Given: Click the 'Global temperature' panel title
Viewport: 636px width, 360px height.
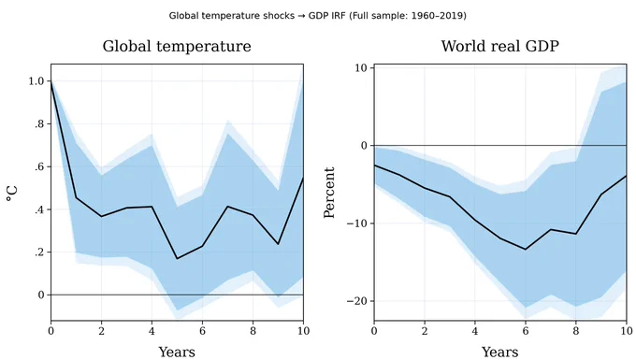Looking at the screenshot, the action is point(177,46).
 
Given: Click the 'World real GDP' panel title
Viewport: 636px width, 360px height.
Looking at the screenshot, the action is point(500,46).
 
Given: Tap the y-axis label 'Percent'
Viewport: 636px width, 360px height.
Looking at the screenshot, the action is point(329,193).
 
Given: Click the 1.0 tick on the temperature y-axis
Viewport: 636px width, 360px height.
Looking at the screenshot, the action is point(36,81).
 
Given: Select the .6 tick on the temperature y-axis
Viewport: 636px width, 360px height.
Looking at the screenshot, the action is point(39,166).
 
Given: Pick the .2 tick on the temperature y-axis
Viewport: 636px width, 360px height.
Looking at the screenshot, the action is point(39,252).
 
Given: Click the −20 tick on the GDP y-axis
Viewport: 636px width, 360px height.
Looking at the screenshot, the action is point(357,301).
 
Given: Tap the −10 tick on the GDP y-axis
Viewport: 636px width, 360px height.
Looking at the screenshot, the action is point(357,223).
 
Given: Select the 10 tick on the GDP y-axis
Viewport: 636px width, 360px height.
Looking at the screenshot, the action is point(361,67).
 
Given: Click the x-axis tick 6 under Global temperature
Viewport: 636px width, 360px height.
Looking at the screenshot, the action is point(202,331).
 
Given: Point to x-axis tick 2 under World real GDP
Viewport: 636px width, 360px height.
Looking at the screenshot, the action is point(425,331).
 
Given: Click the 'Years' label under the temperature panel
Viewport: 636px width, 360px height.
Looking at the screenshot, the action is point(177,352).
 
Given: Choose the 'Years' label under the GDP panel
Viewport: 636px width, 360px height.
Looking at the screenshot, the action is point(500,352).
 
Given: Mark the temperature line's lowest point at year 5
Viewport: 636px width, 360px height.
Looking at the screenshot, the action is point(178,259).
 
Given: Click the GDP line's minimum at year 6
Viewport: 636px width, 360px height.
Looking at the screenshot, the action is point(526,250).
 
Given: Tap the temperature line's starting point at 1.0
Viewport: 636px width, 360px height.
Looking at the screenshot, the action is point(51,81).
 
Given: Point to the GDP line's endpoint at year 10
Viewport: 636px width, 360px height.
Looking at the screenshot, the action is point(627,176).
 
